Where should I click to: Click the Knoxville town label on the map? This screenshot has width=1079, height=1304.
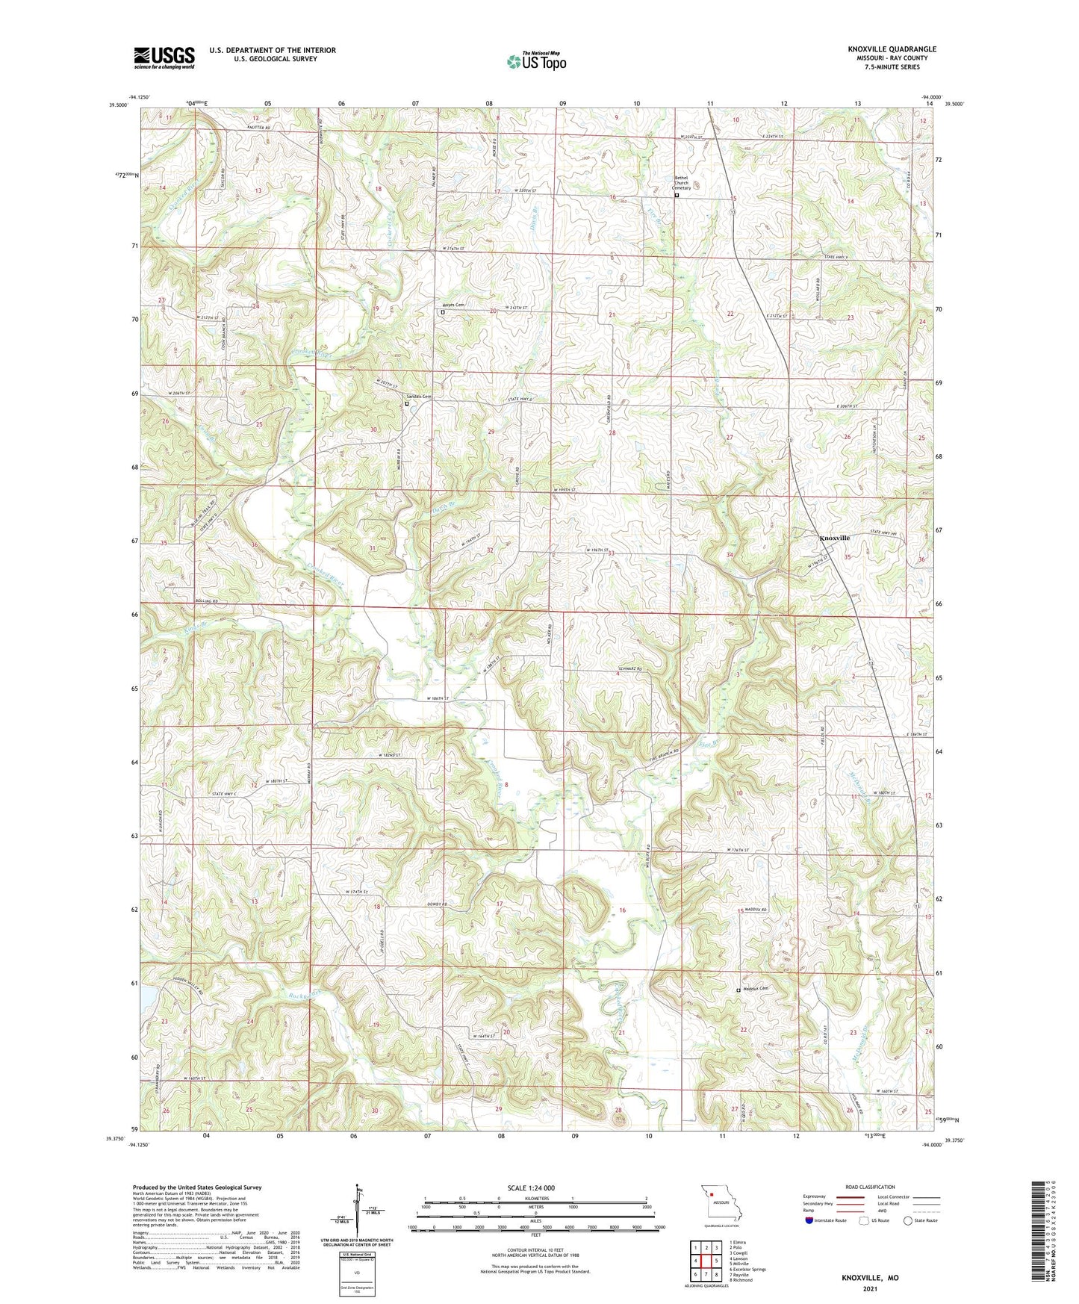834,538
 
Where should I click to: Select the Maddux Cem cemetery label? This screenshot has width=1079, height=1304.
755,988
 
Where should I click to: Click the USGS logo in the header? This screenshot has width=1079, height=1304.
164,58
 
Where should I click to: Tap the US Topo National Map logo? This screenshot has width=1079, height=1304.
536,61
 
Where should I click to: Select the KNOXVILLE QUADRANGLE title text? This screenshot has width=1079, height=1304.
892,49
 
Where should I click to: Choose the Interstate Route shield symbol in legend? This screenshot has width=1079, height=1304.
809,1220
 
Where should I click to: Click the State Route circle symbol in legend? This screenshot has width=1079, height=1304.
907,1220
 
